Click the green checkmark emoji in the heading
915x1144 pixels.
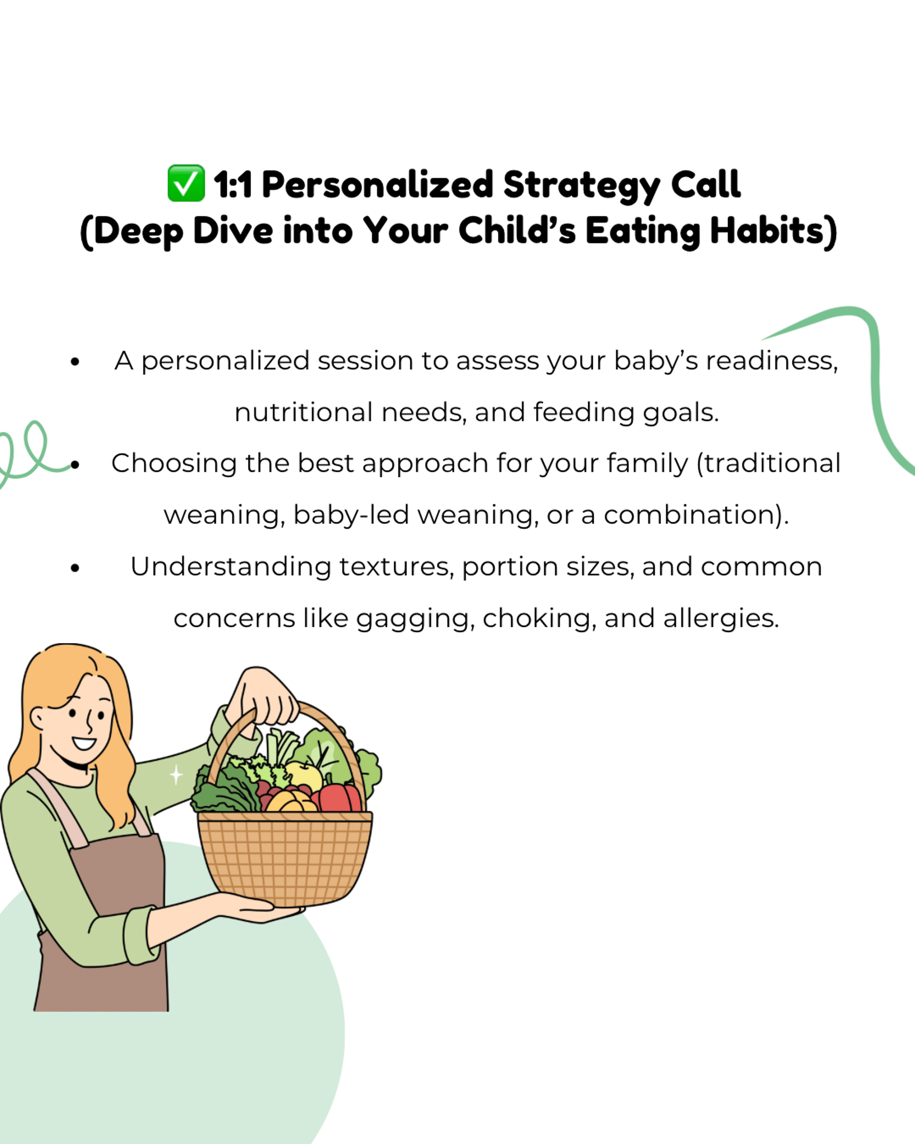coord(186,183)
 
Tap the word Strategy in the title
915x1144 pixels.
coord(581,186)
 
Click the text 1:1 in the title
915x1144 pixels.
coord(233,185)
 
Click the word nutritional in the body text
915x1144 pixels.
coord(304,412)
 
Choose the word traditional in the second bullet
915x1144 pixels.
coord(769,463)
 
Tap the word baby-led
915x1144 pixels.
coord(351,515)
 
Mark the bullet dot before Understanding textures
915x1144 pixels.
coord(75,568)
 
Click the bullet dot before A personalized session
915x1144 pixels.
coord(75,362)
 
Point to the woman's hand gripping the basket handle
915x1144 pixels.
coord(265,695)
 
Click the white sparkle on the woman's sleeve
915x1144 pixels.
coord(176,775)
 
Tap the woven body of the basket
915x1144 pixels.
coord(285,857)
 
